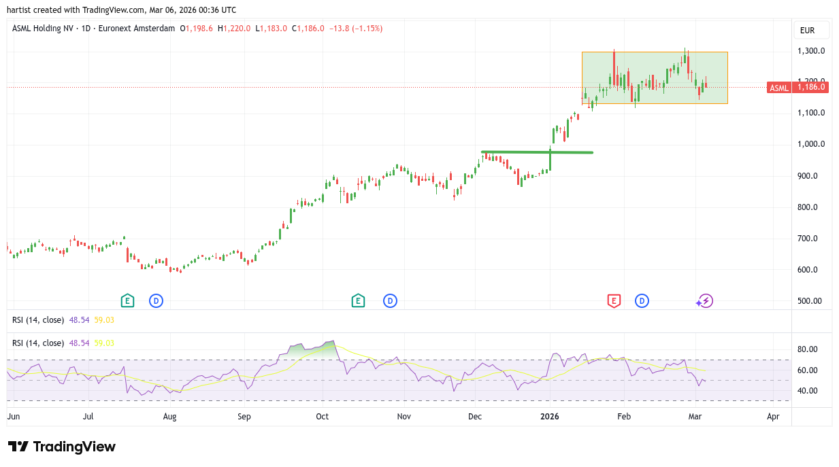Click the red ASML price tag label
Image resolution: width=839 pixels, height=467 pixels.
pyautogui.click(x=779, y=87)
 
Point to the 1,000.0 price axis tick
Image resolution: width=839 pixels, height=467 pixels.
pyautogui.click(x=812, y=144)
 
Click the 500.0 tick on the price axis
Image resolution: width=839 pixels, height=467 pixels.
pyautogui.click(x=812, y=301)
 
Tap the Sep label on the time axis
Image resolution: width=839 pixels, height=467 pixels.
pyautogui.click(x=244, y=416)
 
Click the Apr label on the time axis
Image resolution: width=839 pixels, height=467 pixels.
pyautogui.click(x=773, y=416)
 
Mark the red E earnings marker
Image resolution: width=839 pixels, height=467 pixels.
pyautogui.click(x=614, y=300)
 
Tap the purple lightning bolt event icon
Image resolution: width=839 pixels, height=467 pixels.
pyautogui.click(x=706, y=300)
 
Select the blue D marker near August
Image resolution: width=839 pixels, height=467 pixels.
pyautogui.click(x=156, y=300)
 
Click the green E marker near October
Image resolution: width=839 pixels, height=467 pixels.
pyautogui.click(x=358, y=300)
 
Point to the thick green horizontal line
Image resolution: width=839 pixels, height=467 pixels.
pyautogui.click(x=537, y=152)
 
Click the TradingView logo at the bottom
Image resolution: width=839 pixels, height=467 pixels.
pyautogui.click(x=62, y=447)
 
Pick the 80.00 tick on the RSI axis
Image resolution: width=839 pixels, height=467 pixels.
pyautogui.click(x=807, y=349)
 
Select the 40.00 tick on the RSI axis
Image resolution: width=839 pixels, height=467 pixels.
pyautogui.click(x=807, y=391)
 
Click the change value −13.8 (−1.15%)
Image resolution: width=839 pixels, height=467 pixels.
pyautogui.click(x=356, y=29)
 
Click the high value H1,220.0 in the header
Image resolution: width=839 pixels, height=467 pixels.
pyautogui.click(x=234, y=29)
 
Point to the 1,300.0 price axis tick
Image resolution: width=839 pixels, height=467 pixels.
pyautogui.click(x=812, y=51)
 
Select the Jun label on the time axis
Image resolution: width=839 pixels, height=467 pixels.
pyautogui.click(x=13, y=416)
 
